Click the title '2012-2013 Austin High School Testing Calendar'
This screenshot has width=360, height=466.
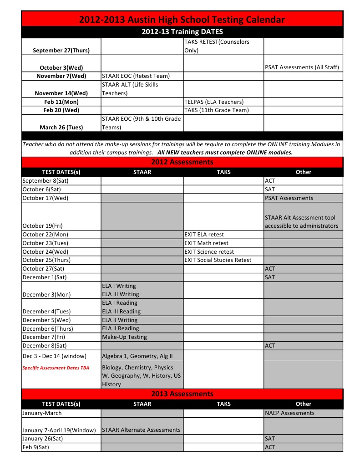point(182,19)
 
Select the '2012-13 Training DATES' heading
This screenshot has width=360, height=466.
point(182,32)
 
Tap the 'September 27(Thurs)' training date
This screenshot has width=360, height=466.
point(61,50)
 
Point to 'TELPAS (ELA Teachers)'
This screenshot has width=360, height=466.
point(214,102)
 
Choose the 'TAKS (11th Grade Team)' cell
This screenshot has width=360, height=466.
point(216,110)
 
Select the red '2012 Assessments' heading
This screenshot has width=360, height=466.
point(182,162)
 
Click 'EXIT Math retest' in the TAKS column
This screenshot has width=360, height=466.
point(206,243)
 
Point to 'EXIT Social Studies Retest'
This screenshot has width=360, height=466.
point(218,260)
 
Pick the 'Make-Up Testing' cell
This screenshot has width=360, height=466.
point(124,337)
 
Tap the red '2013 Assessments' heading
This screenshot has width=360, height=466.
point(182,394)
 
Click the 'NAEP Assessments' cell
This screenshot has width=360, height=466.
point(289,413)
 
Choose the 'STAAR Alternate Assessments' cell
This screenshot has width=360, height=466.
point(141,430)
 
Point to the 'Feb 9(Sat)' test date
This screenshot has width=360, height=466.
point(35,447)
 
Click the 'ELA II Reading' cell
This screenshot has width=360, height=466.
point(121,328)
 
